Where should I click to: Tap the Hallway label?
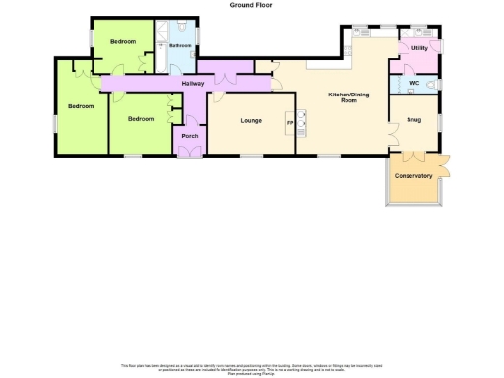coord(193,83)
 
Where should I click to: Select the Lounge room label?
coord(250,120)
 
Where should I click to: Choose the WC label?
coord(414,83)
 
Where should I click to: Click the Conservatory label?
coord(413,176)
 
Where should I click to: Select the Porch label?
coord(190,136)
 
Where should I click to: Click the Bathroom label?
coord(180,45)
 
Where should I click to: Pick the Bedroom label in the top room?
coord(122,41)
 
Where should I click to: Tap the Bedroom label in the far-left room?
coord(80,105)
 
